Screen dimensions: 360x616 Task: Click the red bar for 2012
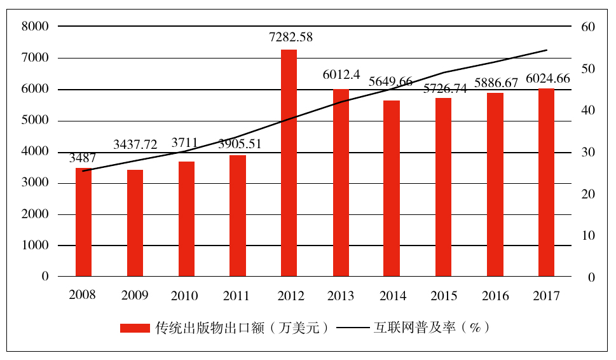(x=289, y=163)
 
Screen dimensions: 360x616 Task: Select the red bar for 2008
(x=83, y=222)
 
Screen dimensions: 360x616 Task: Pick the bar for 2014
(x=392, y=188)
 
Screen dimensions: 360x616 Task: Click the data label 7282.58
(x=291, y=38)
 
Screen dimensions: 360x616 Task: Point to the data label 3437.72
(x=135, y=145)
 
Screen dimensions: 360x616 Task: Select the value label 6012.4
(x=341, y=75)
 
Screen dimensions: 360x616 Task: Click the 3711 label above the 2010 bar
(x=186, y=142)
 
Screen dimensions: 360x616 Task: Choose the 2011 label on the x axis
(x=236, y=296)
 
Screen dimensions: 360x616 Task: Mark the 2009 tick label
(x=134, y=296)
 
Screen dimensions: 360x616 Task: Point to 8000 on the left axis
(x=35, y=27)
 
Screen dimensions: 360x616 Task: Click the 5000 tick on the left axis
(x=35, y=121)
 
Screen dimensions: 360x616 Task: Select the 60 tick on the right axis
(x=587, y=27)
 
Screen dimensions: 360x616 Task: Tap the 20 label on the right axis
(x=587, y=194)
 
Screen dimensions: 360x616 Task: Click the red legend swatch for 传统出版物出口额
(x=135, y=328)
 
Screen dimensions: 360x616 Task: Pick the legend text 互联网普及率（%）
(x=432, y=328)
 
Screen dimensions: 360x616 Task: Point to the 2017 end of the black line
(x=547, y=50)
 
